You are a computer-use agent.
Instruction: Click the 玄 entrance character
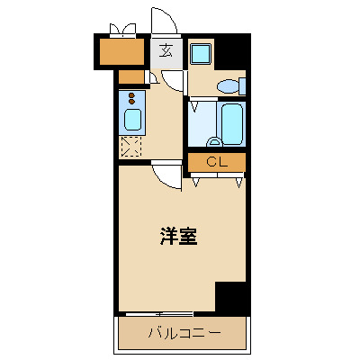[x=166, y=50]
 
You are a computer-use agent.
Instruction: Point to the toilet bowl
[x=228, y=87]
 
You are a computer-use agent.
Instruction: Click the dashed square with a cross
[x=130, y=146]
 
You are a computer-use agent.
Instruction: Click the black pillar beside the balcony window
[x=230, y=296]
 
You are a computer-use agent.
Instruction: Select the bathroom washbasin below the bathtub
[x=214, y=141]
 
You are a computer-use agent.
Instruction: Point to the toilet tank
[x=243, y=86]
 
